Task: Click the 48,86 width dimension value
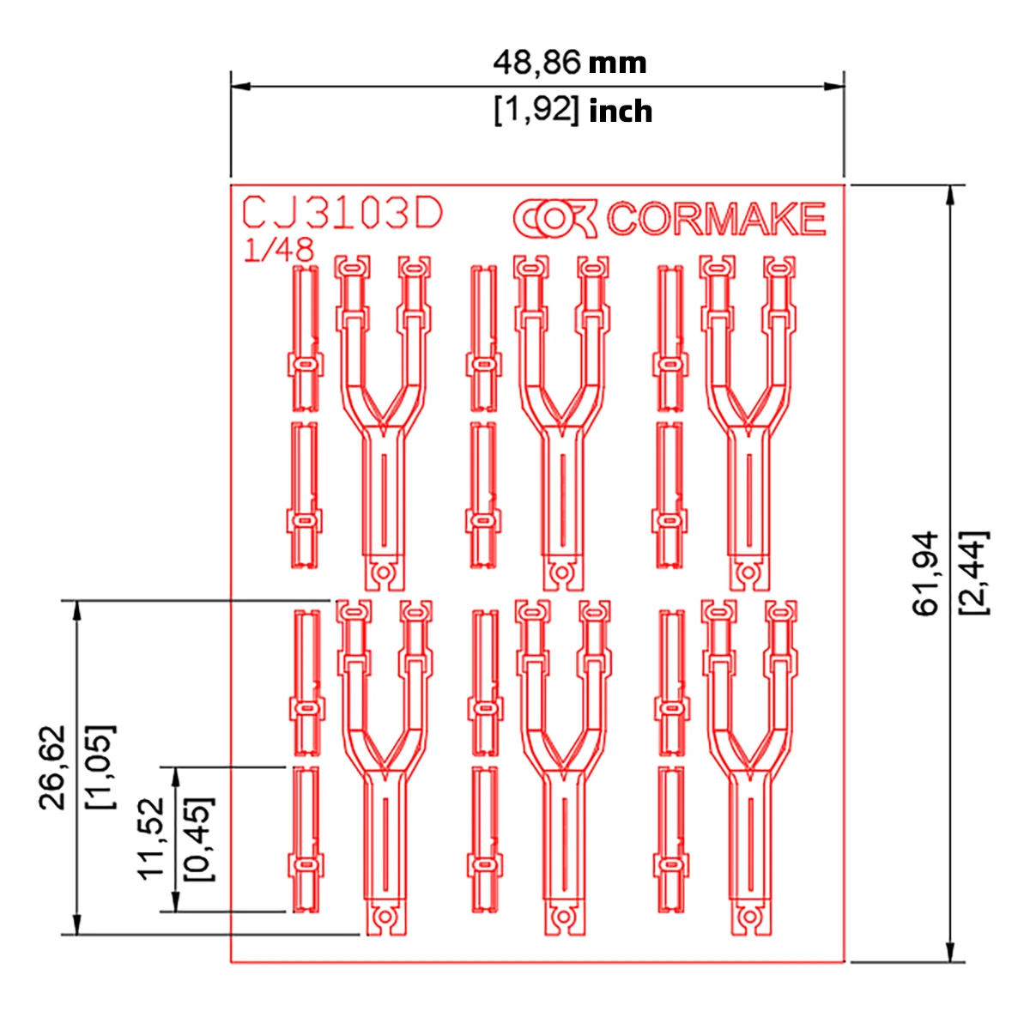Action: [x=536, y=63]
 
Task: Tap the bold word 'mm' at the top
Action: [x=617, y=64]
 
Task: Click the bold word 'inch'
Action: [x=621, y=112]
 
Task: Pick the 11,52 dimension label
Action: [x=151, y=838]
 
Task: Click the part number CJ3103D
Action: [x=342, y=213]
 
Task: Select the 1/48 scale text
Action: [x=278, y=250]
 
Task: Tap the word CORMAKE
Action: [x=716, y=219]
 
